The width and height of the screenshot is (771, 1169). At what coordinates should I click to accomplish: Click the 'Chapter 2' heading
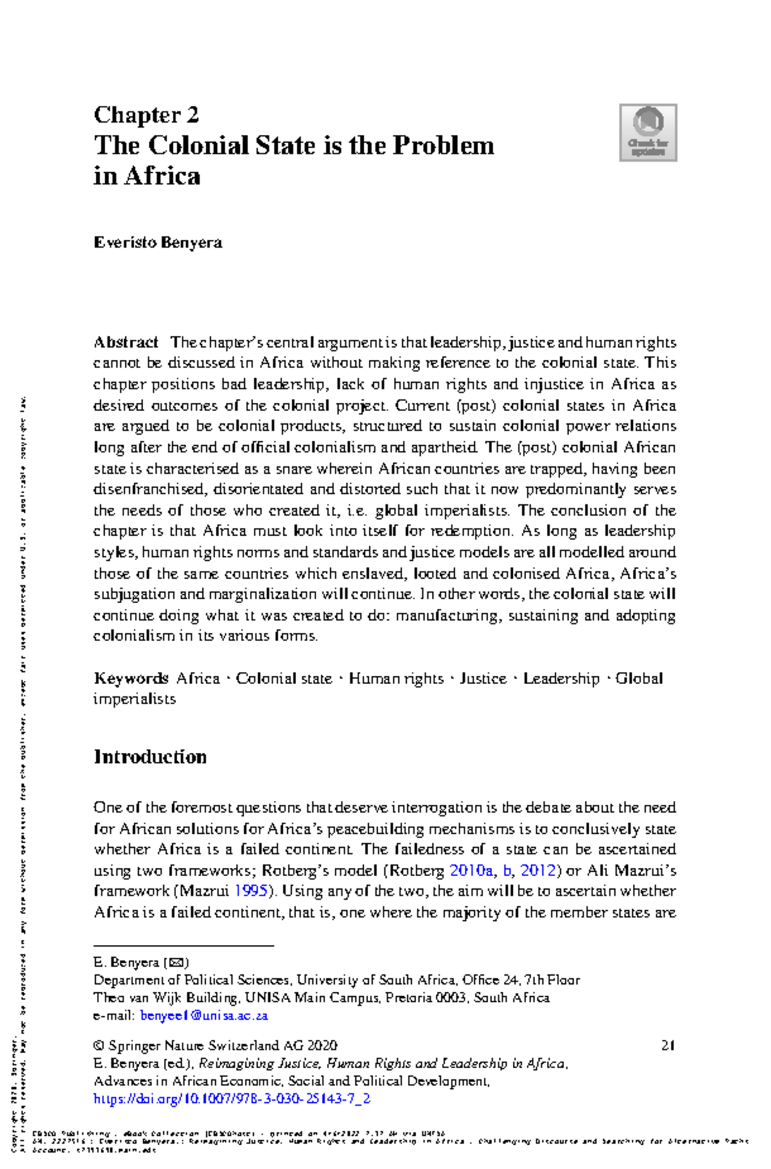[x=146, y=115]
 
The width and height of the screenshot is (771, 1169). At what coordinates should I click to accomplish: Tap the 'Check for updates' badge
[x=648, y=133]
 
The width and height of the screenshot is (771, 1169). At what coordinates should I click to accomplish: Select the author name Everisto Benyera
[x=158, y=243]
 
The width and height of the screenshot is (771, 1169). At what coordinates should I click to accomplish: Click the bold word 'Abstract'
[x=126, y=342]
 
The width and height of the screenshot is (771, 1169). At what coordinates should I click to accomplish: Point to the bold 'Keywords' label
[x=131, y=679]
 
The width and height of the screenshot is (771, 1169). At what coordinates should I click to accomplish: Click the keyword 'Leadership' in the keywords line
[x=561, y=679]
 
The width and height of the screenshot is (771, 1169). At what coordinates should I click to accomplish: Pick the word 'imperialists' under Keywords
[x=134, y=699]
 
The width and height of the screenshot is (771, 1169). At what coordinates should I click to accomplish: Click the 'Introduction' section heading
[x=150, y=757]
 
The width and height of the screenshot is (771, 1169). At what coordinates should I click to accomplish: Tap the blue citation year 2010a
[x=471, y=871]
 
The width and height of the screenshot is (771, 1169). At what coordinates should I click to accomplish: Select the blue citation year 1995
[x=253, y=892]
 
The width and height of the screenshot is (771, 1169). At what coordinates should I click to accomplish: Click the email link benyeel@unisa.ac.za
[x=204, y=1016]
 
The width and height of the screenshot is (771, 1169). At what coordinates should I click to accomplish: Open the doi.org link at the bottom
[x=232, y=1099]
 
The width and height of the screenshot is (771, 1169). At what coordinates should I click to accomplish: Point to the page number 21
[x=668, y=1046]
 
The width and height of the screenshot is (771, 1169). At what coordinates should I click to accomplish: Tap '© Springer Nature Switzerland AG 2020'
[x=215, y=1046]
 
